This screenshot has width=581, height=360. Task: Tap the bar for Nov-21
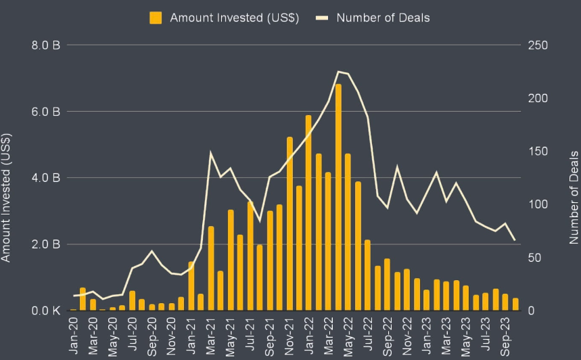[x=289, y=223]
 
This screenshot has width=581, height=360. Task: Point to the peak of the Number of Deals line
[x=338, y=71]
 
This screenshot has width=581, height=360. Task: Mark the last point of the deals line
[x=515, y=240]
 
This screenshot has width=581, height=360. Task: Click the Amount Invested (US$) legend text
[x=234, y=16]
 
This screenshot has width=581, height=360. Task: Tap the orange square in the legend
[x=156, y=17]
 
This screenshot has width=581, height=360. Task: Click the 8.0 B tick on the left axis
[x=47, y=45]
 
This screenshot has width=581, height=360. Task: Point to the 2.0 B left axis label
[x=47, y=244]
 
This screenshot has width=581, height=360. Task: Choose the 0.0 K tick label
[x=47, y=311]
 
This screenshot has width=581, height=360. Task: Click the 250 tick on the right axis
[x=538, y=45]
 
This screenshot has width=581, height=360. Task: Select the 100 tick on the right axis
[x=538, y=204]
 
